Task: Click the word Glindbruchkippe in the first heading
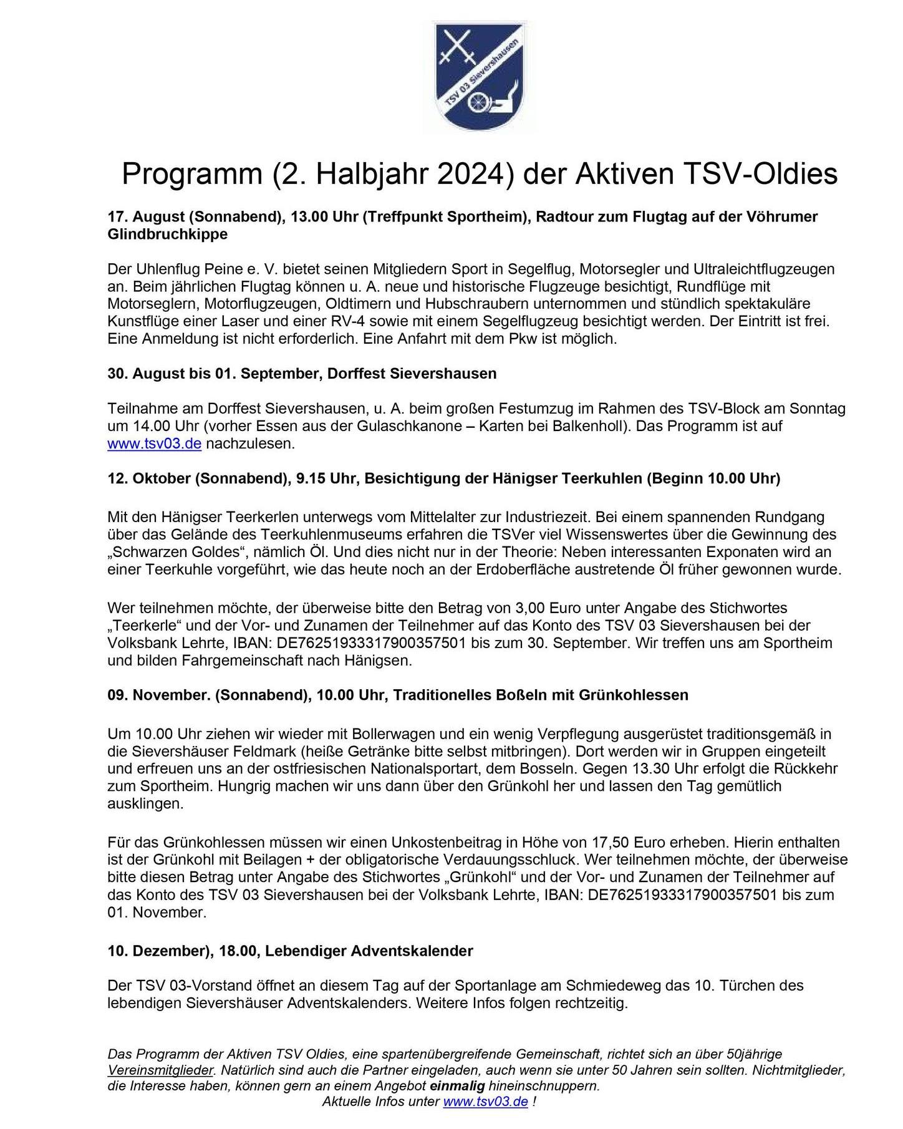[168, 234]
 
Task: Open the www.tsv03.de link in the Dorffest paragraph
[154, 444]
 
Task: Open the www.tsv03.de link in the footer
[485, 1102]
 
